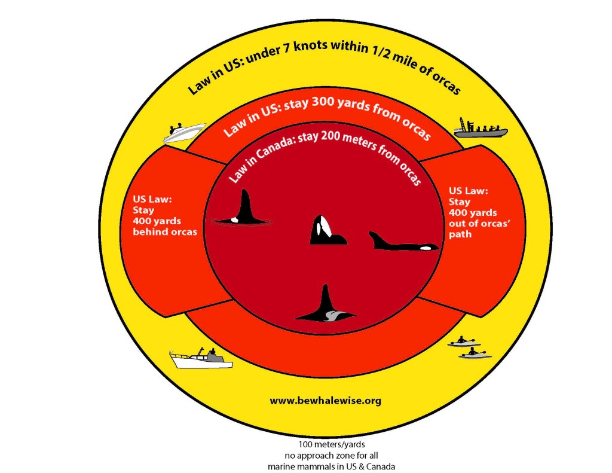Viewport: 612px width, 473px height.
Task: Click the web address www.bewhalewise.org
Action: pos(325,400)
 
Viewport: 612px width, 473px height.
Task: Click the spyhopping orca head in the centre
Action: pos(326,231)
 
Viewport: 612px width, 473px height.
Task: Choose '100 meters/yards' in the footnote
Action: pos(325,445)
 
